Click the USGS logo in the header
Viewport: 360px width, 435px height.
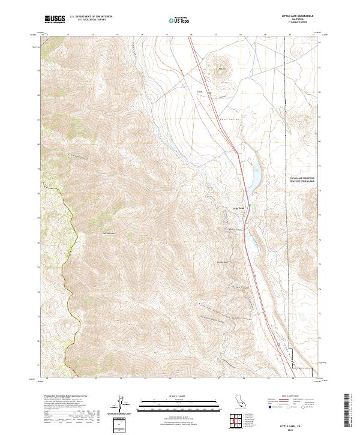(55, 19)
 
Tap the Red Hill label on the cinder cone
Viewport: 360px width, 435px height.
(221, 69)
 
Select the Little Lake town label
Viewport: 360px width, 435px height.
(238, 209)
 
